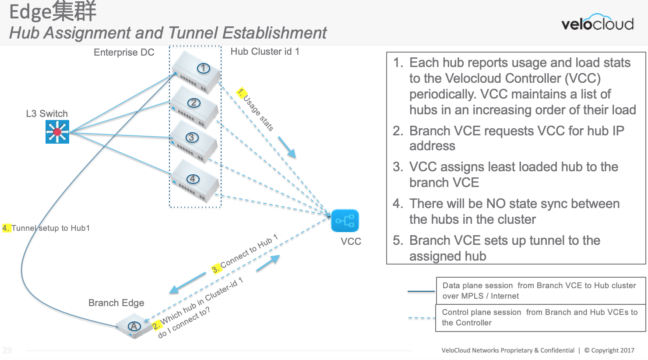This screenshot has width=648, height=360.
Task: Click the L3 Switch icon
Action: click(x=57, y=132)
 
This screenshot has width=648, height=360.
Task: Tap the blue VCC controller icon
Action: click(x=345, y=221)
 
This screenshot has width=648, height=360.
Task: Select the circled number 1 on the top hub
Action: click(x=203, y=68)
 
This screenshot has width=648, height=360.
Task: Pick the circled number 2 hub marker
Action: click(x=194, y=103)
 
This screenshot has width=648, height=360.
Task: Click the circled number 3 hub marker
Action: click(x=192, y=138)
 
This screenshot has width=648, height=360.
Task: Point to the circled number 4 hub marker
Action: click(x=193, y=179)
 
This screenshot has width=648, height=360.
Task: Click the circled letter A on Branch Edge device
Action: click(x=134, y=326)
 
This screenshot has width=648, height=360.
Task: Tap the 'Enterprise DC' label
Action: click(x=124, y=53)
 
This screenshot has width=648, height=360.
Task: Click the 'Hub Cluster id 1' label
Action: click(x=265, y=52)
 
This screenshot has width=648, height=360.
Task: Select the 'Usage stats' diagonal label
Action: click(x=258, y=113)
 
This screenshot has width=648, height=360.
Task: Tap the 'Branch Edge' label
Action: click(x=116, y=303)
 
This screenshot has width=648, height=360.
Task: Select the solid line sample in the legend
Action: click(x=421, y=291)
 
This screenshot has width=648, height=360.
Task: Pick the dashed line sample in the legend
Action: click(x=421, y=318)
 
